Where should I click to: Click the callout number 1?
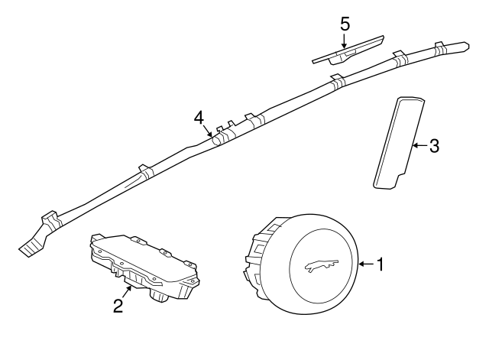[x=380, y=264]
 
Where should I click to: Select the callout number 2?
[x=118, y=306]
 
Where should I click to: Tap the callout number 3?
[x=434, y=146]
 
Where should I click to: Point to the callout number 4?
[x=199, y=118]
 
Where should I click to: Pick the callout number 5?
[x=345, y=24]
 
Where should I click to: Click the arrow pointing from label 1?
[x=367, y=264]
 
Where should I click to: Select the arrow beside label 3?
[x=419, y=145]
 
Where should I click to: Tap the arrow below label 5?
[x=345, y=41]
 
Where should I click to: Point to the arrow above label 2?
[x=127, y=292]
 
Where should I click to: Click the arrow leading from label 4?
[x=207, y=131]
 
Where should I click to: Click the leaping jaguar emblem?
[x=322, y=265]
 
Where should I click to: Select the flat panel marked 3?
[x=399, y=143]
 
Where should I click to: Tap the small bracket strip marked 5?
[x=348, y=51]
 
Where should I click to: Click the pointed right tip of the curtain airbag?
[x=468, y=46]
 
